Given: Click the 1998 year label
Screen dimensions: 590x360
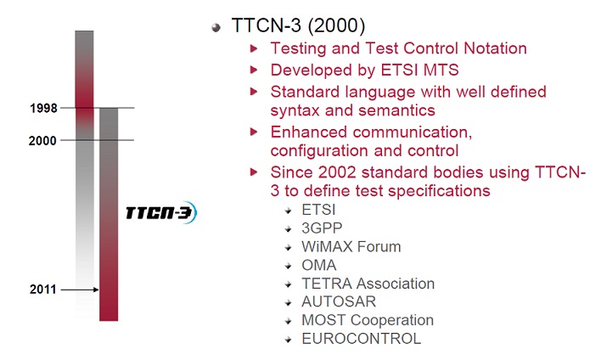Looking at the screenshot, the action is point(43,109).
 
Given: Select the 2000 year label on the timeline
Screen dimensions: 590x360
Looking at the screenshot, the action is point(42,141).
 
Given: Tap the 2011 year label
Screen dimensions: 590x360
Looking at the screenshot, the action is point(43,290).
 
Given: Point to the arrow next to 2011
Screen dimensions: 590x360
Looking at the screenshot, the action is point(80,290).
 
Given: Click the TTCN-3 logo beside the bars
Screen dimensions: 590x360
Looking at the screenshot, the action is point(161,212).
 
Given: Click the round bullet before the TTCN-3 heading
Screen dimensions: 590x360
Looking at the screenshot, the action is point(216,27).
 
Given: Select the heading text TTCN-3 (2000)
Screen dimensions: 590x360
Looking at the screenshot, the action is point(298,25).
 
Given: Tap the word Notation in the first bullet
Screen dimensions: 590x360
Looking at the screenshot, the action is point(495,48).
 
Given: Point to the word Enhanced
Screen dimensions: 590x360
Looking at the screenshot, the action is point(308,132).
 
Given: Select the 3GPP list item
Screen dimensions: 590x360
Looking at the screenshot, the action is point(322,228).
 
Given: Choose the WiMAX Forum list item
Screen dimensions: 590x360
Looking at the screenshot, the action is point(351,247).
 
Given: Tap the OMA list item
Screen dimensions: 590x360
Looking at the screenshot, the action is point(318,265).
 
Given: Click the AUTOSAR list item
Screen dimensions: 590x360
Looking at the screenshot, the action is point(339,301).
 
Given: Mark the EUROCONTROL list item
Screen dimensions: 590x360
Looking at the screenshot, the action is point(362,339).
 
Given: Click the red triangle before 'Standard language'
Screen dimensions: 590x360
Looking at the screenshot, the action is point(254,92).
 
